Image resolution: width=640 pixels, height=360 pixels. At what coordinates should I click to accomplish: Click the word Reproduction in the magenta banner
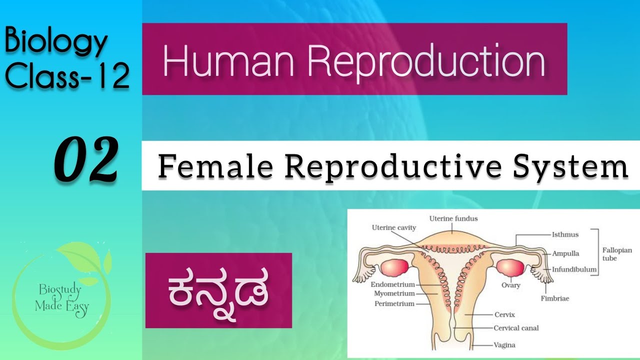426,60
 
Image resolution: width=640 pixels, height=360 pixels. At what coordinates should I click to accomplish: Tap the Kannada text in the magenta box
218,290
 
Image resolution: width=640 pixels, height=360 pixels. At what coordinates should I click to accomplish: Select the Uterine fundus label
453,218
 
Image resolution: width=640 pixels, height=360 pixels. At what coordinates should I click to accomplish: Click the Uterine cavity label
394,227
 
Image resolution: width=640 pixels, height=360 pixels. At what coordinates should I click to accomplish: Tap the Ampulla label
565,253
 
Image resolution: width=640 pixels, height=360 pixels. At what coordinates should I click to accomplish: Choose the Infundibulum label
574,269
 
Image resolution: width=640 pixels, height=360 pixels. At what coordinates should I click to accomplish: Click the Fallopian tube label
616,254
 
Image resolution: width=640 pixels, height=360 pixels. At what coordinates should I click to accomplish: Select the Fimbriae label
554,298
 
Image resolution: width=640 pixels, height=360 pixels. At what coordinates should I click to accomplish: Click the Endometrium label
393,284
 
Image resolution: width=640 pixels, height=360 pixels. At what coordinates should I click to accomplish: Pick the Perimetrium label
394,303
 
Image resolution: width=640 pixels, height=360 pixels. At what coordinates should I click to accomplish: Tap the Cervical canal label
516,328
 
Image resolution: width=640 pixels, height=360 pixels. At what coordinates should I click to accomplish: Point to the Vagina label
504,345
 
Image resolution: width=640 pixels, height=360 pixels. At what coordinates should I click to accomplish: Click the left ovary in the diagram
394,267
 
